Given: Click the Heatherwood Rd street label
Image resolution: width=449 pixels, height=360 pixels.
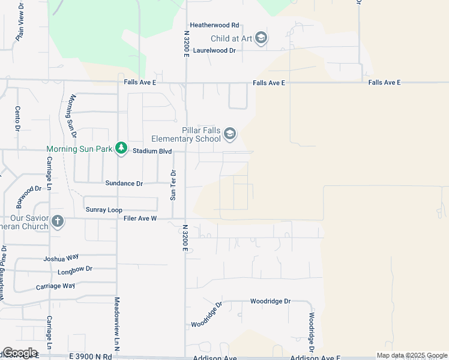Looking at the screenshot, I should coord(214,25).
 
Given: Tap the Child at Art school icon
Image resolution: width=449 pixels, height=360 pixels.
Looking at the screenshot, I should coord(261,38).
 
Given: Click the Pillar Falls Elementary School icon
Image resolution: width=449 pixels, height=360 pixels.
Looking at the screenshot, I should coord(230,134).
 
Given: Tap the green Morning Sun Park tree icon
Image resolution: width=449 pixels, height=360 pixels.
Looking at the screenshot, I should coord(121,148).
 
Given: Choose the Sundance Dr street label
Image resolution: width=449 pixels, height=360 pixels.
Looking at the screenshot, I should coord(124,184).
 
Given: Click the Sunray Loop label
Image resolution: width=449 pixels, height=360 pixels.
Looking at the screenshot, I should coord(104,210).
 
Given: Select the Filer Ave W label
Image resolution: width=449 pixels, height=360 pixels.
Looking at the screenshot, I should coord(137,219).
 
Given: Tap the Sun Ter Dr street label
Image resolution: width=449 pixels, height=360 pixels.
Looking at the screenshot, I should coord(173,185).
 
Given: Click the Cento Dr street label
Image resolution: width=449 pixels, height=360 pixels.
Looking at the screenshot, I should coord(17,118).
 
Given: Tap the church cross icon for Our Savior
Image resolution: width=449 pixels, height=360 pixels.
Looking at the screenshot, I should coord(57,222).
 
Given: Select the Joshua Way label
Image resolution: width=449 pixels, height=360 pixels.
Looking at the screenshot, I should coord(61,259).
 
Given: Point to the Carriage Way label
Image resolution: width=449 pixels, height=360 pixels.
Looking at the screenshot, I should coord(55,287).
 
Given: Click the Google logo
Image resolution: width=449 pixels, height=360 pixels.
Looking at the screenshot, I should coord(20,353).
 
